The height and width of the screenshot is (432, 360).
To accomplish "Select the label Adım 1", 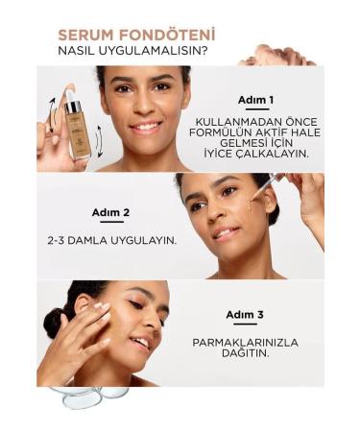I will point(256,100).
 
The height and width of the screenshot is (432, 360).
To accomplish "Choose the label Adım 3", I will point(245,314).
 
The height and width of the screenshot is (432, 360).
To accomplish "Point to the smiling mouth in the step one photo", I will point(145,125).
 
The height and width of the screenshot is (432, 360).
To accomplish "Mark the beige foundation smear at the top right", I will point(279,55).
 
